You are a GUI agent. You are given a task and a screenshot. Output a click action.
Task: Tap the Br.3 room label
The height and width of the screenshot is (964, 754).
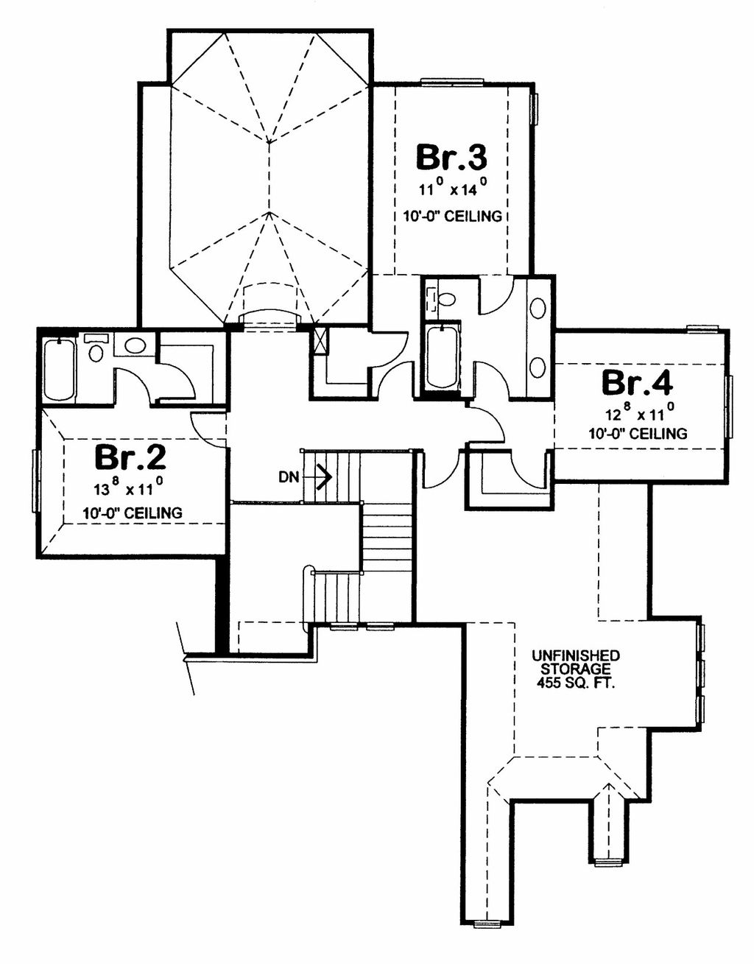451,157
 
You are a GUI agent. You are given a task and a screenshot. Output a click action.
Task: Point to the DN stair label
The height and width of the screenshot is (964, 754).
288,477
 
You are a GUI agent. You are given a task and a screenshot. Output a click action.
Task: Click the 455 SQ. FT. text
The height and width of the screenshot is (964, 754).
576,683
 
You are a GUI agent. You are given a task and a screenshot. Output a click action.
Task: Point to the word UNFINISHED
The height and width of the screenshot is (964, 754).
576,655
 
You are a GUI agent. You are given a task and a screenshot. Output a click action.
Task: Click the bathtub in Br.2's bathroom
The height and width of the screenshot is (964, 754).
60,370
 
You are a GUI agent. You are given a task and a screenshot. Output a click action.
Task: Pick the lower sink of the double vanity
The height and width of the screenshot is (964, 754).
539,367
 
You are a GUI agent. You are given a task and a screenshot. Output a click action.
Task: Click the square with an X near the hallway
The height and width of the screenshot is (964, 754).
320,340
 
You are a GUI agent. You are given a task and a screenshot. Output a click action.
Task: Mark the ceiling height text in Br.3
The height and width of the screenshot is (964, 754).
452,217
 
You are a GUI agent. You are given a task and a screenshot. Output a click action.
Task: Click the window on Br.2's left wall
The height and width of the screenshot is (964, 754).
36,482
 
